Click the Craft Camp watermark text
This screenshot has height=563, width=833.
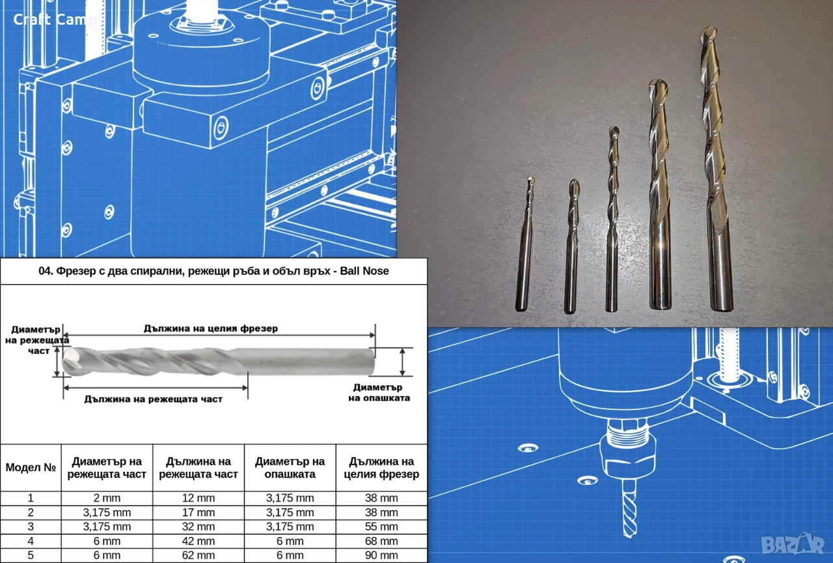tap(55, 20)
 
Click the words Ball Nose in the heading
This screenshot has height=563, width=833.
tap(364, 270)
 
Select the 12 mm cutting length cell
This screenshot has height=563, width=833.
tap(198, 498)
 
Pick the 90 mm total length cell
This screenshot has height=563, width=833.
tap(381, 555)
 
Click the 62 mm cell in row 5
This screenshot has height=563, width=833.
tap(198, 555)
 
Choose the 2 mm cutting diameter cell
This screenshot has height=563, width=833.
tap(107, 498)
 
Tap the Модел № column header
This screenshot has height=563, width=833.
tap(31, 467)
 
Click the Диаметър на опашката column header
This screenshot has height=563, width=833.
tap(290, 468)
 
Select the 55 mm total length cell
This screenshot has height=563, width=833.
tap(381, 527)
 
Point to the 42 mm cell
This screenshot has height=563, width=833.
tap(198, 541)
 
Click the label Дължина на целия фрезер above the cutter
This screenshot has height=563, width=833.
tap(210, 328)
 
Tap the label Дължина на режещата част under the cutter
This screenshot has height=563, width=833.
tap(153, 399)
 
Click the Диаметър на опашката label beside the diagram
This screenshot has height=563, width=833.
tap(379, 392)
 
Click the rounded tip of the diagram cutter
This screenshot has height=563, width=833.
tap(67, 361)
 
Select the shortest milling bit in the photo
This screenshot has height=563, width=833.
tap(525, 244)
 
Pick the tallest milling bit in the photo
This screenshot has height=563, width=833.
tap(715, 168)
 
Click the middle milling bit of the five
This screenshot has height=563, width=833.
tap(612, 220)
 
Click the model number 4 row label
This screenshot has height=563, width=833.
tap(31, 541)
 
